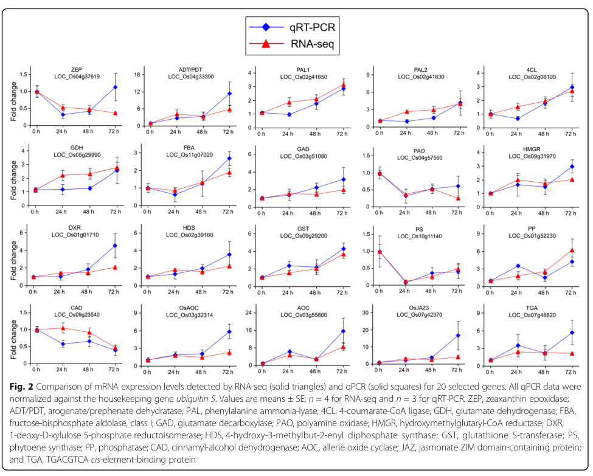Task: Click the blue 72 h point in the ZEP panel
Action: tap(114, 88)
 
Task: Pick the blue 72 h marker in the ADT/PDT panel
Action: tap(229, 94)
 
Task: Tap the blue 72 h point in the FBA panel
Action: tap(229, 159)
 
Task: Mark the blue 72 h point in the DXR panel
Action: tap(114, 246)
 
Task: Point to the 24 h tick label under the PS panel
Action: tap(406, 291)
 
